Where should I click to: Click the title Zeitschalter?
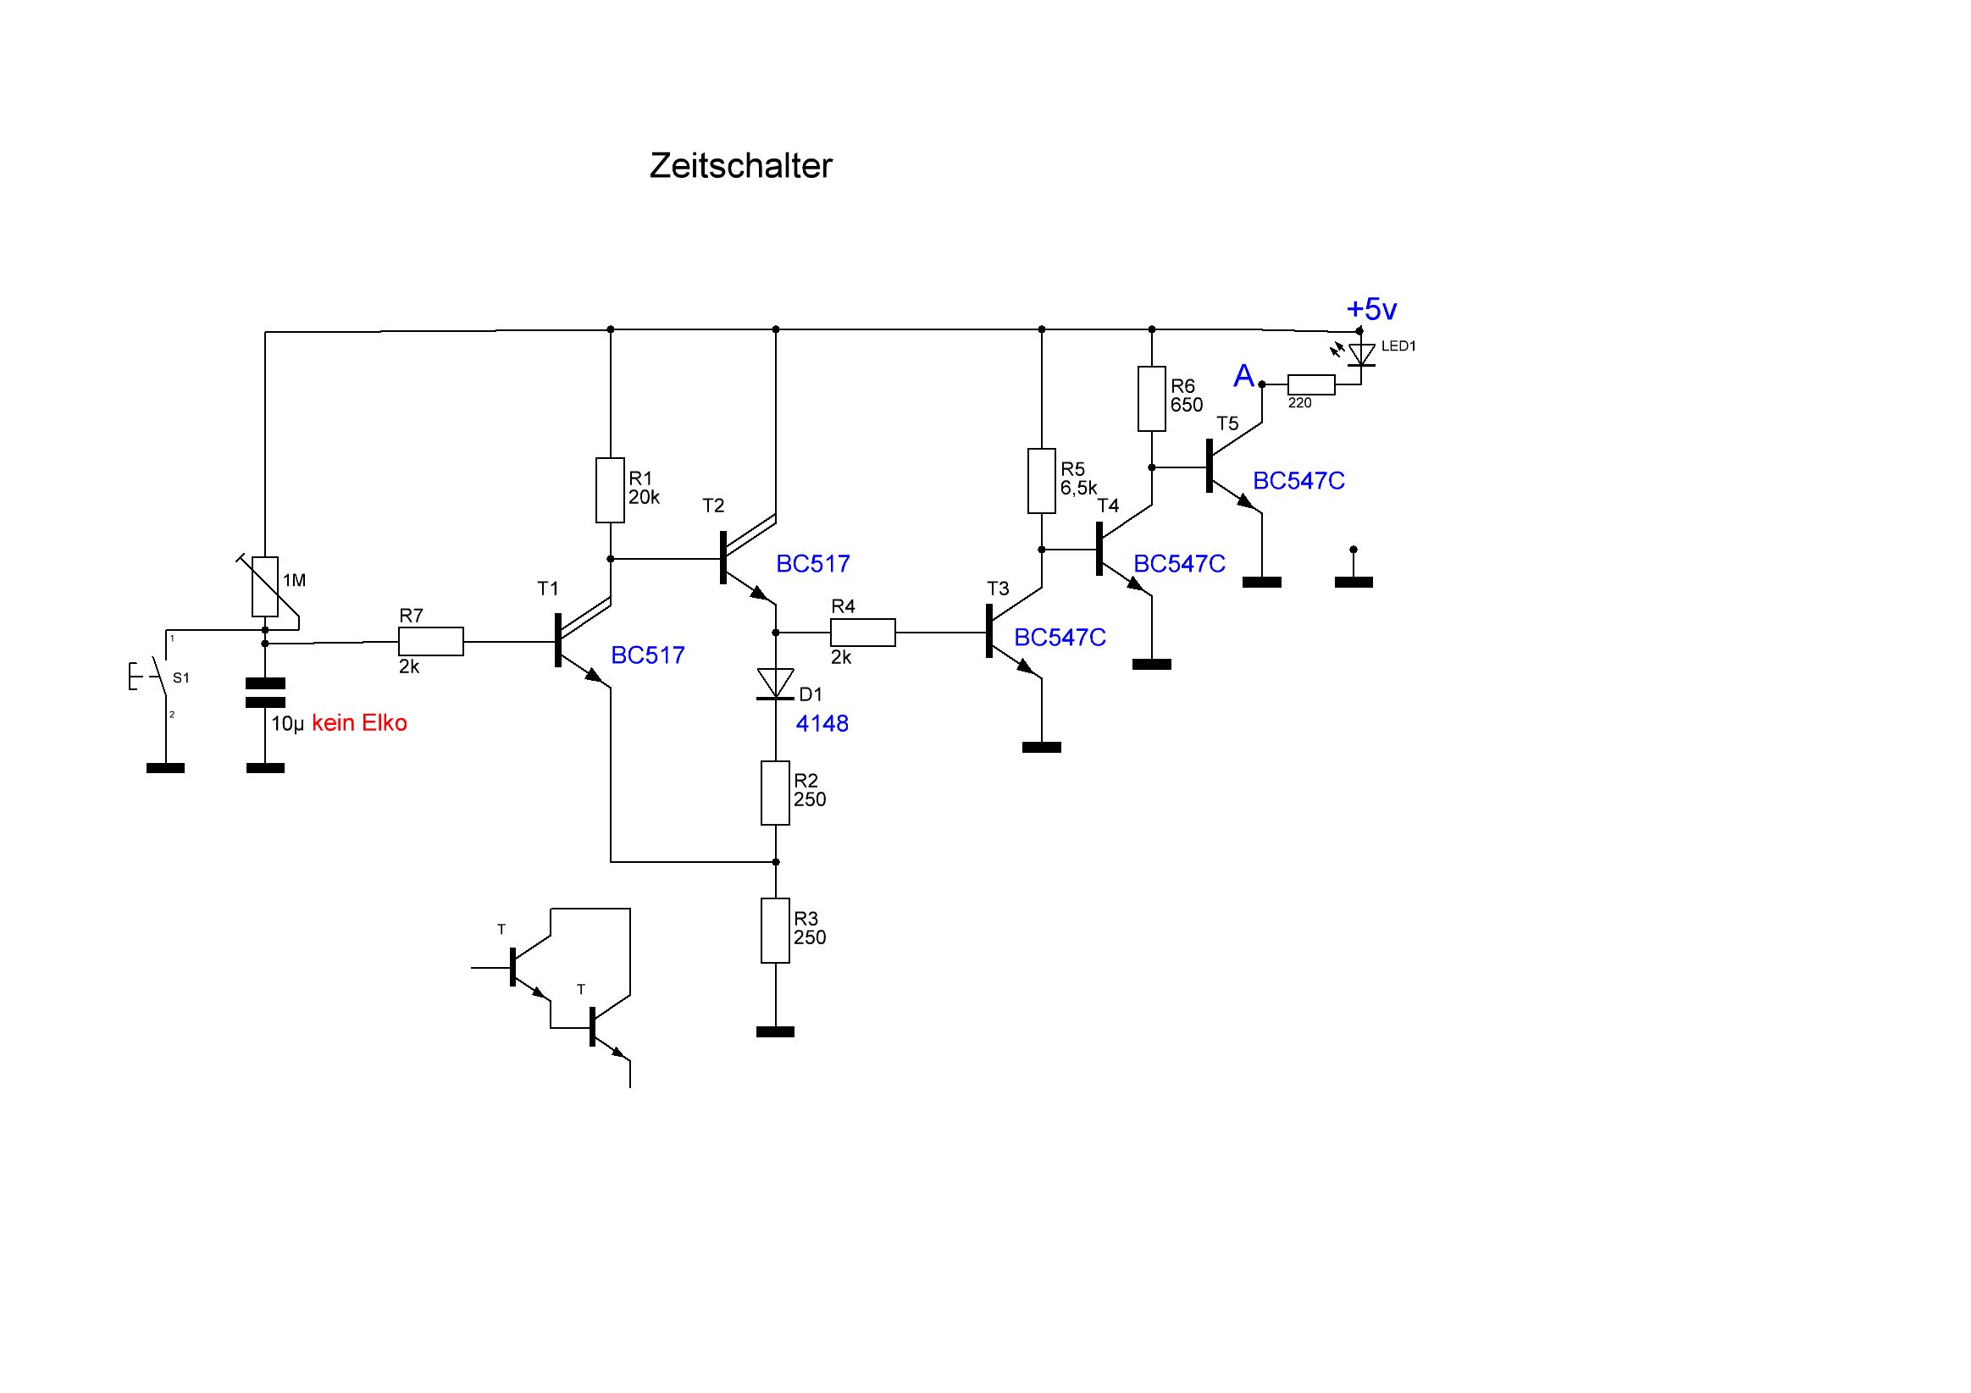(x=740, y=166)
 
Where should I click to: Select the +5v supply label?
(x=1372, y=309)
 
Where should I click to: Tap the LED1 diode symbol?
(x=1361, y=355)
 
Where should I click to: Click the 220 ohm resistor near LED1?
(x=1311, y=385)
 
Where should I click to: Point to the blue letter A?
(x=1243, y=376)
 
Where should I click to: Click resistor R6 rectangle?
(x=1151, y=398)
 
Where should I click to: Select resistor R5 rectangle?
(x=1041, y=481)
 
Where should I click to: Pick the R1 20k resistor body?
(x=611, y=490)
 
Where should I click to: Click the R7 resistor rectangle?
(x=431, y=642)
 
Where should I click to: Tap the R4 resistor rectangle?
(x=862, y=633)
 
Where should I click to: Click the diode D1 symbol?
(x=775, y=683)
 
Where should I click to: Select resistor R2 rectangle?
(x=775, y=793)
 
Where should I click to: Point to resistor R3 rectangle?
(x=775, y=931)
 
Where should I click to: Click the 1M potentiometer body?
(x=265, y=587)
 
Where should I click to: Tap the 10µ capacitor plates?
(x=265, y=693)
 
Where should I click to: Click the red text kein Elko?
(x=359, y=723)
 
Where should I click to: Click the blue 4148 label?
(x=822, y=724)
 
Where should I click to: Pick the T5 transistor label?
(x=1227, y=423)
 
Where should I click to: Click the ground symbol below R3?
(x=775, y=1031)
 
